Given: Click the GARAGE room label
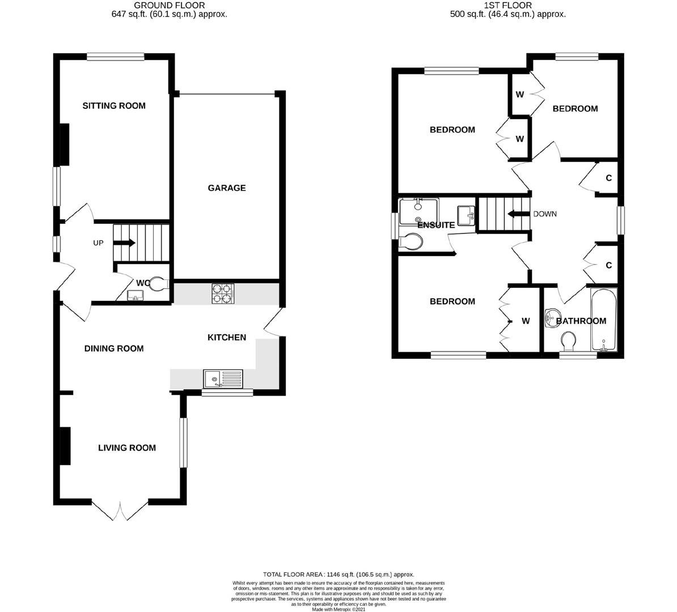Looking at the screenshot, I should pyautogui.click(x=227, y=188).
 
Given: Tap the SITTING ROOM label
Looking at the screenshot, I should pyautogui.click(x=114, y=106).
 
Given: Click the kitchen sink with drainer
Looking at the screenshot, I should pyautogui.click(x=223, y=378).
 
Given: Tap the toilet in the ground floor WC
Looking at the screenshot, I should pyautogui.click(x=158, y=283).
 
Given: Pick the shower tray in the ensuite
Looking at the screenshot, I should pyautogui.click(x=418, y=211).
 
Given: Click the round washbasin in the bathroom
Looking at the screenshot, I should pyautogui.click(x=551, y=318).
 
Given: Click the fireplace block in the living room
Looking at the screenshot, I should pyautogui.click(x=65, y=446).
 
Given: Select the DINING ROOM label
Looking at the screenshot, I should pyautogui.click(x=114, y=348).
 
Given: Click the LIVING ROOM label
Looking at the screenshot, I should pyautogui.click(x=127, y=448).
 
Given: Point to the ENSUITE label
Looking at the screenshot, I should pyautogui.click(x=436, y=226).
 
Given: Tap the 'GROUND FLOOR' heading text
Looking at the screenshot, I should pyautogui.click(x=169, y=5).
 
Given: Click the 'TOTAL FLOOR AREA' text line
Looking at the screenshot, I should pyautogui.click(x=338, y=574).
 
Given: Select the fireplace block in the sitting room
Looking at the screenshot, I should pyautogui.click(x=65, y=144).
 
